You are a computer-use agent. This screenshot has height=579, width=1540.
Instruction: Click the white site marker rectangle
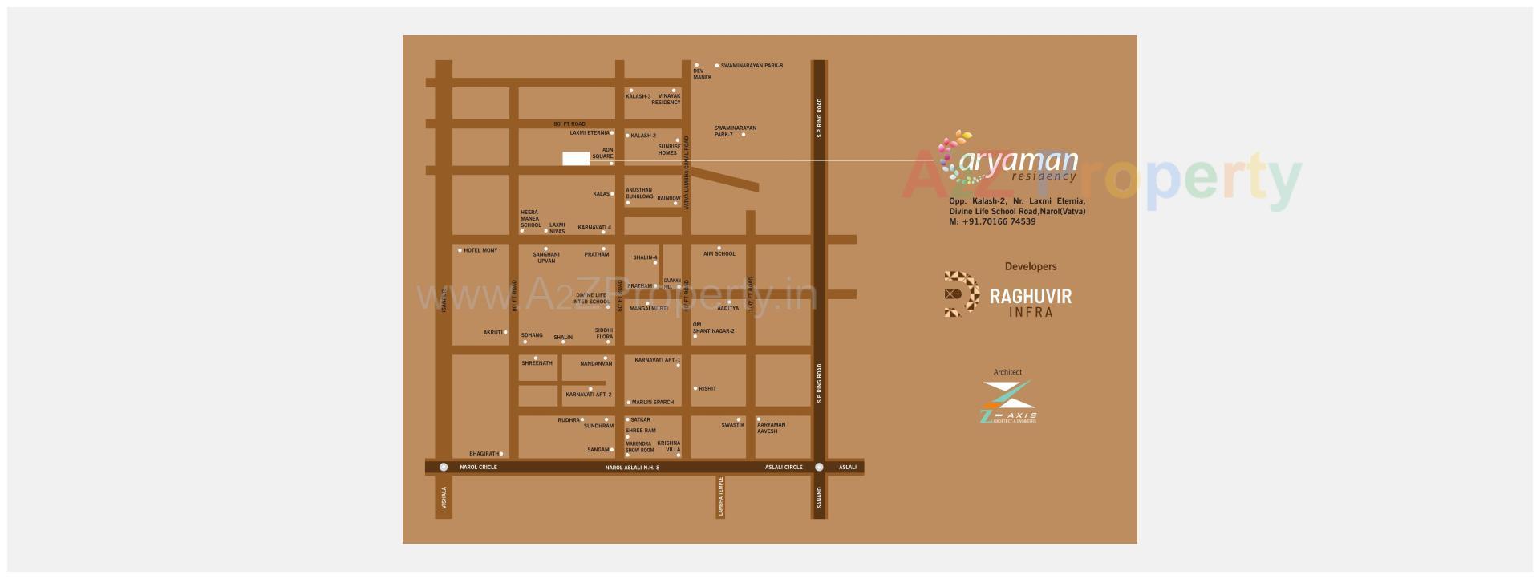(576, 159)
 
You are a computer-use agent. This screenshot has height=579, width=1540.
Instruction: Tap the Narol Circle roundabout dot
(444, 467)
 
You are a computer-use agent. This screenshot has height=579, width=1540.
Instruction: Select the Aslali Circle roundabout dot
(819, 467)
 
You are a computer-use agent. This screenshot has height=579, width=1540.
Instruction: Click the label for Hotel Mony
(480, 251)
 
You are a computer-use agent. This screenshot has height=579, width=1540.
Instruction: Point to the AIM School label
(719, 254)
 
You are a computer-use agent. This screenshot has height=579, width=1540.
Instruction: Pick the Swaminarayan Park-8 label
(752, 66)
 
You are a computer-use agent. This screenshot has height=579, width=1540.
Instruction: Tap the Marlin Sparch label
(653, 403)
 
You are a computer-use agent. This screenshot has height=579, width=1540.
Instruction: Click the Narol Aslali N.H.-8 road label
(632, 468)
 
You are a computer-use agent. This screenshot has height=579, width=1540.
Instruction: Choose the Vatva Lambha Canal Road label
(687, 173)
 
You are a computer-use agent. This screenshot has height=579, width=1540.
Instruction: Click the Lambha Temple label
(721, 496)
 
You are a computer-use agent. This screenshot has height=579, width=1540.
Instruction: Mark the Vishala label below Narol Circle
(444, 498)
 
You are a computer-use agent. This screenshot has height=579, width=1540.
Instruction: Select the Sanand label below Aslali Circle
(819, 497)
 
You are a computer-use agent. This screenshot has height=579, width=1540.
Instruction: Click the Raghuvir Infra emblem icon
(962, 294)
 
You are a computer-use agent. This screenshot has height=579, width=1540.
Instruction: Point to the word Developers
(1031, 267)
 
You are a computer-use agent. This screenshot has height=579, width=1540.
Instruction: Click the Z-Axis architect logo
(1008, 402)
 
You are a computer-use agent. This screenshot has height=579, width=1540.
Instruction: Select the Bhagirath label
(484, 455)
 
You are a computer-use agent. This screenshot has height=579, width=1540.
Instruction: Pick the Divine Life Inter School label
(591, 298)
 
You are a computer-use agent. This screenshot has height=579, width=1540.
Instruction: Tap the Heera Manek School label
(530, 219)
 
